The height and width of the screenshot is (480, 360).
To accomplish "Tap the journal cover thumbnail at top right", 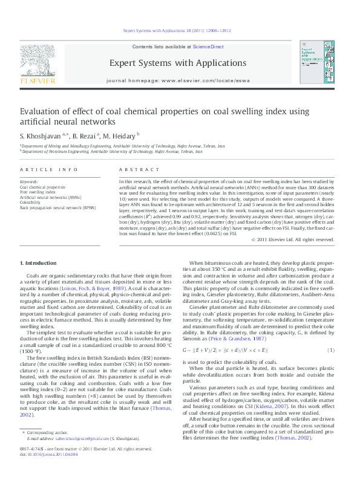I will click(x=315, y=62).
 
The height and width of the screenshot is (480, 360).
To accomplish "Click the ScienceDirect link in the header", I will click(x=208, y=47).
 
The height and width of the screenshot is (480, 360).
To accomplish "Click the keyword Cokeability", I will click(x=33, y=203).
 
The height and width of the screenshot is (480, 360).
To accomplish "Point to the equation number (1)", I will click(x=330, y=350).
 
